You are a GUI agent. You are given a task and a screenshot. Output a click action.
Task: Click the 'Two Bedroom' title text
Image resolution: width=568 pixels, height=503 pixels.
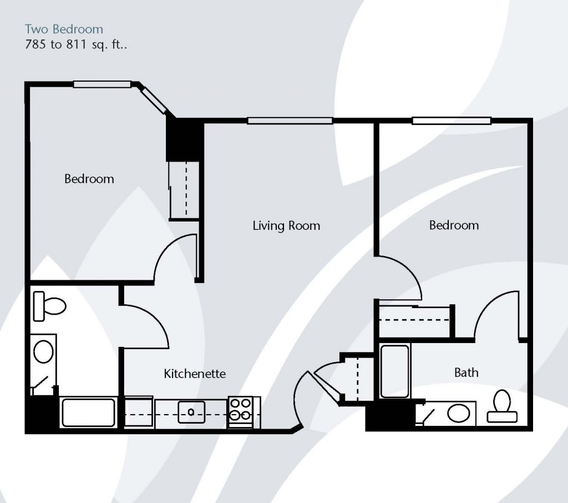pyautogui.click(x=64, y=29)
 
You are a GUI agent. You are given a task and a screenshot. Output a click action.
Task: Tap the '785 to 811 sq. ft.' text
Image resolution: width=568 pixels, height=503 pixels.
pyautogui.click(x=76, y=44)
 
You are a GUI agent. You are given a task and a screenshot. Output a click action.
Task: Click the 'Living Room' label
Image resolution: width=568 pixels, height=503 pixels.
pyautogui.click(x=286, y=225)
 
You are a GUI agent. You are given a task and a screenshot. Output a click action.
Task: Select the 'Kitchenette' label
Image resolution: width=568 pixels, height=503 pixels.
pyautogui.click(x=195, y=374)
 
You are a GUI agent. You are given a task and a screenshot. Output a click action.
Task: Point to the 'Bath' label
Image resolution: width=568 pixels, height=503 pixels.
pyautogui.click(x=466, y=373)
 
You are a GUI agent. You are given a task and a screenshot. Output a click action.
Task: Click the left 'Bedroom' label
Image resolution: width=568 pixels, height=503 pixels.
pyautogui.click(x=89, y=179)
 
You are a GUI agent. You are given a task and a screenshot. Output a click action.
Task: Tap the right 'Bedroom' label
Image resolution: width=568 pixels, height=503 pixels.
pyautogui.click(x=454, y=225)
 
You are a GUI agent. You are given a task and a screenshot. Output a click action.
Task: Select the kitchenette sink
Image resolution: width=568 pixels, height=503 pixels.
pyautogui.click(x=191, y=412)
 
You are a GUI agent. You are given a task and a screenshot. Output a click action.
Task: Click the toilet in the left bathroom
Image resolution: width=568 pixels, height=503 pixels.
pyautogui.click(x=49, y=306)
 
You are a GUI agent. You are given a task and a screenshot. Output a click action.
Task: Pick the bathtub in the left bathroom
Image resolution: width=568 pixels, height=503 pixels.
pyautogui.click(x=88, y=413)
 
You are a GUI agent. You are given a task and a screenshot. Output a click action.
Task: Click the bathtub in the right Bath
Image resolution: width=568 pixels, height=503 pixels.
pyautogui.click(x=394, y=371)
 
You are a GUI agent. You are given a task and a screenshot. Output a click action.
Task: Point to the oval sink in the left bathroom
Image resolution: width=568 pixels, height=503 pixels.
pyautogui.click(x=43, y=351)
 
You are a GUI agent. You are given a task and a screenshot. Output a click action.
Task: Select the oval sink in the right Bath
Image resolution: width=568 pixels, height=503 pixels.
pyautogui.click(x=459, y=413)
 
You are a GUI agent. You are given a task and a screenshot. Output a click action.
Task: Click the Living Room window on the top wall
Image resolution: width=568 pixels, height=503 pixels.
pyautogui.click(x=290, y=121)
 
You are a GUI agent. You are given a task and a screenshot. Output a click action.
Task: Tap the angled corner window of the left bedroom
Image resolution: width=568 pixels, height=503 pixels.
pyautogui.click(x=154, y=101)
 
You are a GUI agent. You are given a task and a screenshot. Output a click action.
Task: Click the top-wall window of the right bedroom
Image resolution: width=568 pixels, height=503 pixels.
pyautogui.click(x=452, y=121)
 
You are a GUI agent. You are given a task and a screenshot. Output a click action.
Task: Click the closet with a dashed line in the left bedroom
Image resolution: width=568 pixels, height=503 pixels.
pyautogui.click(x=184, y=190)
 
